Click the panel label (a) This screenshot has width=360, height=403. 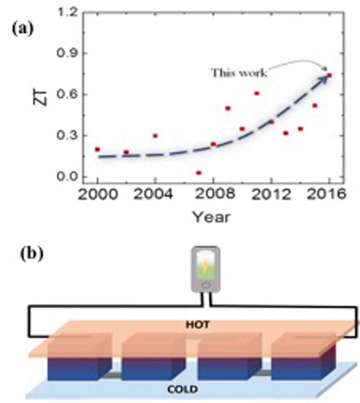pos(23,28)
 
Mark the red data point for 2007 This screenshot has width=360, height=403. pos(199,173)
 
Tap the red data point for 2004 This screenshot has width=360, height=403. pos(155,136)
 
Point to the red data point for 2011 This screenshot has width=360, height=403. pos(257,93)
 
